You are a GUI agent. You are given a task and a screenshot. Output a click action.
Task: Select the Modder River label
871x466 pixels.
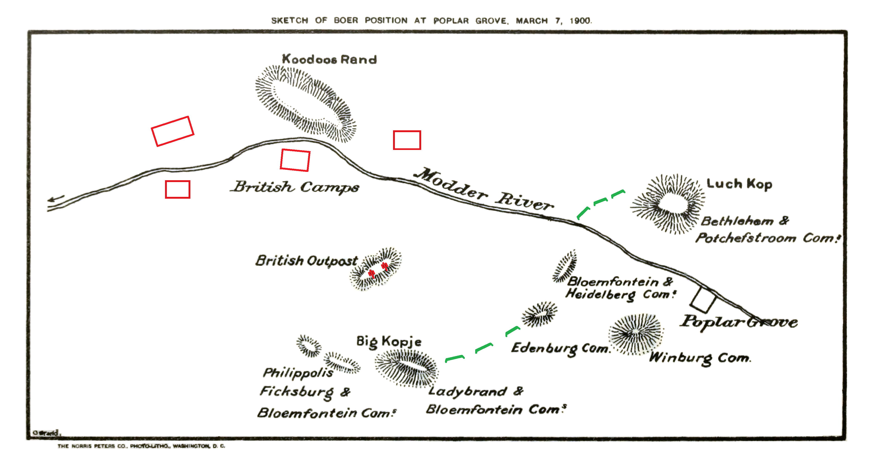pyautogui.click(x=484, y=189)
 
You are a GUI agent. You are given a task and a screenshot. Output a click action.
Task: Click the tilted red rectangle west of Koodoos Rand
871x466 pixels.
pyautogui.click(x=172, y=131)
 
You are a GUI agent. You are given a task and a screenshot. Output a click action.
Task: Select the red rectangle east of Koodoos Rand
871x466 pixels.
pyautogui.click(x=407, y=140)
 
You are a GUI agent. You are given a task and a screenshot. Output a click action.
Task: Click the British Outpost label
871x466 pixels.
pyautogui.click(x=306, y=261)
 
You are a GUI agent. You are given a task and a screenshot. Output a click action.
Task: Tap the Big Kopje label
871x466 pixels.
pyautogui.click(x=389, y=341)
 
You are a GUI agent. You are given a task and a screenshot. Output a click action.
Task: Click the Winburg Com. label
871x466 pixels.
pyautogui.click(x=700, y=358)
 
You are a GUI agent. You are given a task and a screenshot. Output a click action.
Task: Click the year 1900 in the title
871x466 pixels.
pyautogui.click(x=580, y=21)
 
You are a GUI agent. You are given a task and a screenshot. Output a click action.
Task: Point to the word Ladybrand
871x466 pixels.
pyautogui.click(x=468, y=392)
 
